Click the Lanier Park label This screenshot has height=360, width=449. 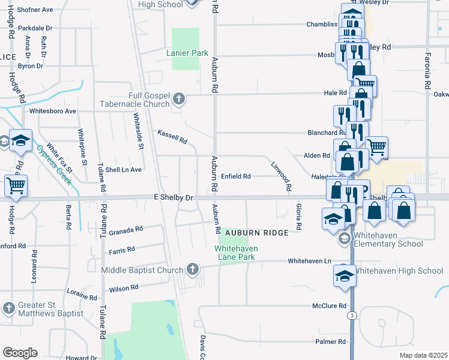point(187,53)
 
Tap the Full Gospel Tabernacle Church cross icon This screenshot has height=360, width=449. point(178,98)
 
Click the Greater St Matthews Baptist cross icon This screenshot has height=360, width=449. point(8,308)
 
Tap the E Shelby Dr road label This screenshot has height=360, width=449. point(174,197)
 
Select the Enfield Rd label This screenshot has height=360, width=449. point(235,176)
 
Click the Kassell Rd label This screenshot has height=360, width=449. point(172,137)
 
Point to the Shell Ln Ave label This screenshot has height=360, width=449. point(123,170)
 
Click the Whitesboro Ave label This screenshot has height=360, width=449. point(53,111)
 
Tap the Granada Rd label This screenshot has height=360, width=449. point(125,229)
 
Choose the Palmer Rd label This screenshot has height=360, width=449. point(331,341)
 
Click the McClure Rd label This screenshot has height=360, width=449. point(329,306)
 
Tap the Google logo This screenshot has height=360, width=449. point(20,353)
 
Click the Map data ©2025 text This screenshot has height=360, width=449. point(424,355)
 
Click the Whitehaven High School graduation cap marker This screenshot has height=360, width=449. point(345,277)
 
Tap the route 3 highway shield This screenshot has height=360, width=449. point(352,315)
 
